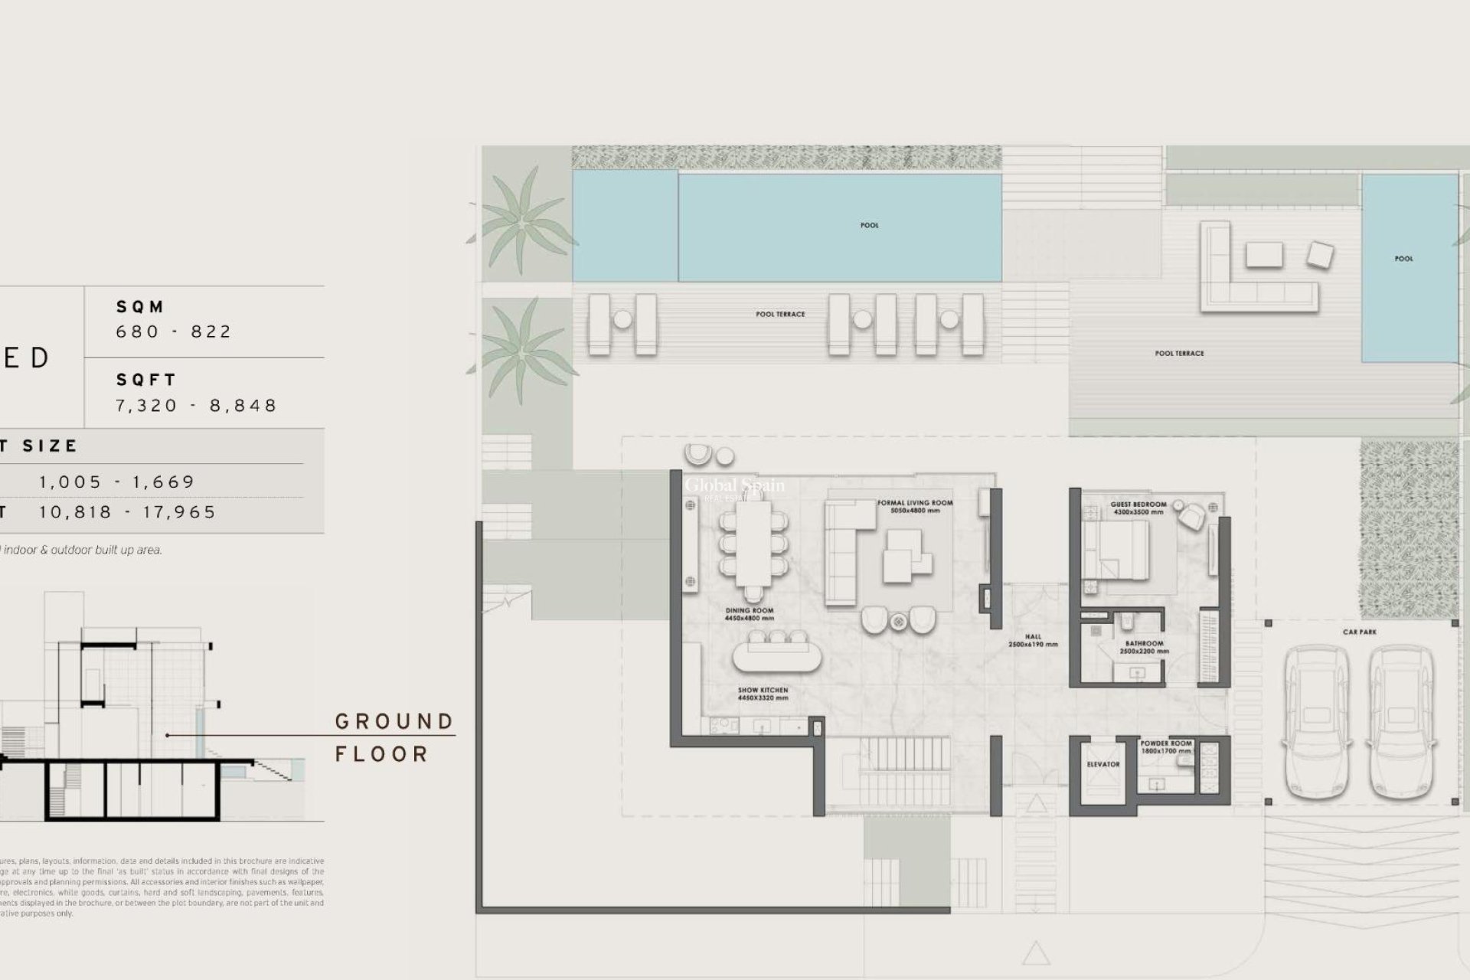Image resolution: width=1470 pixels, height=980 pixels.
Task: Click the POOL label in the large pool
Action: pyautogui.click(x=869, y=225)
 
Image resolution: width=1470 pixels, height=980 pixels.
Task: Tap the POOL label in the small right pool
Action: pyautogui.click(x=1403, y=259)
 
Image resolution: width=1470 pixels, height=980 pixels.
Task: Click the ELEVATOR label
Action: pyautogui.click(x=1102, y=764)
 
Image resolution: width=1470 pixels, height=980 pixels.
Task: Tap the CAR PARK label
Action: pyautogui.click(x=1359, y=632)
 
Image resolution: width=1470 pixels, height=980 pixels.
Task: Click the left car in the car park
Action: pyautogui.click(x=1315, y=724)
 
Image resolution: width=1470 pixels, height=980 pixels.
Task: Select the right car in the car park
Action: pyautogui.click(x=1401, y=724)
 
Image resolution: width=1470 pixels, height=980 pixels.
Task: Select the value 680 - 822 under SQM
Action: pyautogui.click(x=174, y=332)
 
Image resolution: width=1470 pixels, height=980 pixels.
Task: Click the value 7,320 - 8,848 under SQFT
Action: pyautogui.click(x=196, y=405)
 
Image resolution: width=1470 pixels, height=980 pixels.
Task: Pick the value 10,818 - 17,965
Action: pyautogui.click(x=128, y=512)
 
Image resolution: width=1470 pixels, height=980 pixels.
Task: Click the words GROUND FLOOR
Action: pyautogui.click(x=394, y=737)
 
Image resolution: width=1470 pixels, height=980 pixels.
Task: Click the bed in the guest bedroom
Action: pyautogui.click(x=1116, y=550)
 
